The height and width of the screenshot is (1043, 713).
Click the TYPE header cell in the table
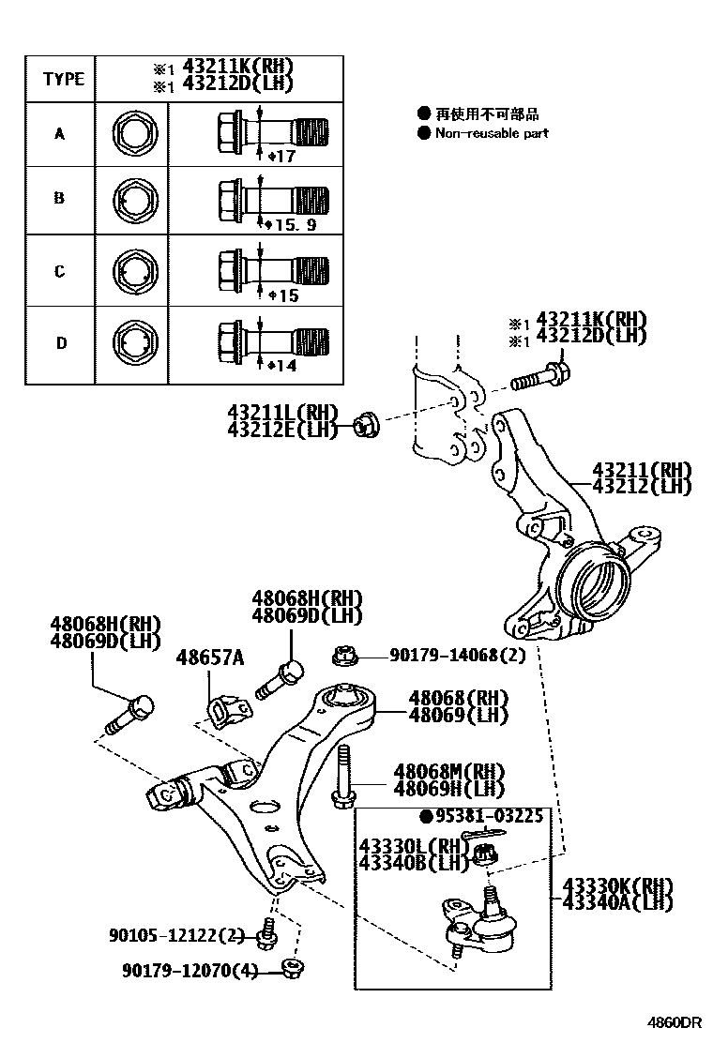pos(62,79)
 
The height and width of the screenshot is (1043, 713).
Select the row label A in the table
pos(59,134)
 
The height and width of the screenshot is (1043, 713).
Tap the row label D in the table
pos(61,343)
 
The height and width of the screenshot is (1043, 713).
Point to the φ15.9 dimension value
pos(292,226)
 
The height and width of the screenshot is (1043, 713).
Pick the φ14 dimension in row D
pos(282,366)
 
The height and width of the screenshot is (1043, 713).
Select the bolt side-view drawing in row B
pos(273,198)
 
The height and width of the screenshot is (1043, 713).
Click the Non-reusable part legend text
pos(491,133)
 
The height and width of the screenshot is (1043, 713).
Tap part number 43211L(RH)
pos(281,411)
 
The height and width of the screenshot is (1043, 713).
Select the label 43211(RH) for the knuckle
pos(641,470)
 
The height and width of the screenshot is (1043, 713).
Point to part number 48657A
pos(209,658)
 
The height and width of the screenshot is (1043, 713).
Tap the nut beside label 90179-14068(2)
pos(341,655)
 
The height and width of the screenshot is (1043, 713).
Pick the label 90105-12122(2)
pos(176,935)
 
